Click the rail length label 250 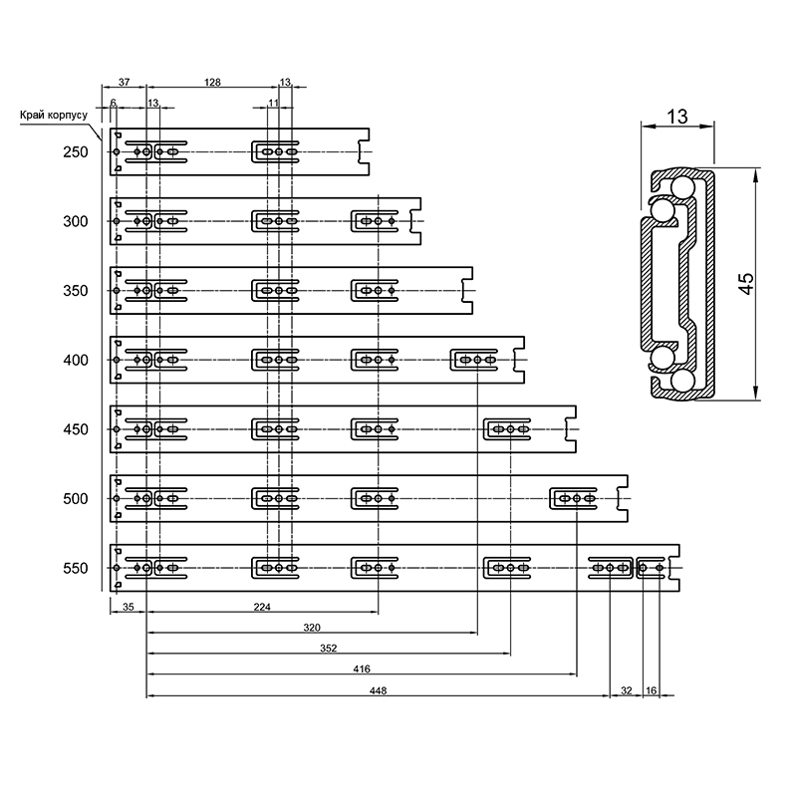[76, 152]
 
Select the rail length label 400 [76, 360]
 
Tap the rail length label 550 [76, 568]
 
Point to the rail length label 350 [76, 291]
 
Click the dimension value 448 [379, 690]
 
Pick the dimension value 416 [362, 668]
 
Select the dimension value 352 [329, 649]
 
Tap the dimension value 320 [312, 628]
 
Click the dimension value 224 [262, 607]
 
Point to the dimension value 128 [212, 82]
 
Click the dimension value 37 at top [124, 82]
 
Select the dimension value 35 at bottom [129, 607]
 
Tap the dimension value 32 [627, 690]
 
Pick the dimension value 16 [652, 690]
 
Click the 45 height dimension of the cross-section [746, 284]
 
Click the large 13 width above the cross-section [677, 117]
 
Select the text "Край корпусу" [54, 116]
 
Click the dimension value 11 [273, 103]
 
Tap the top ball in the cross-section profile [683, 187]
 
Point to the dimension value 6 [114, 103]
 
